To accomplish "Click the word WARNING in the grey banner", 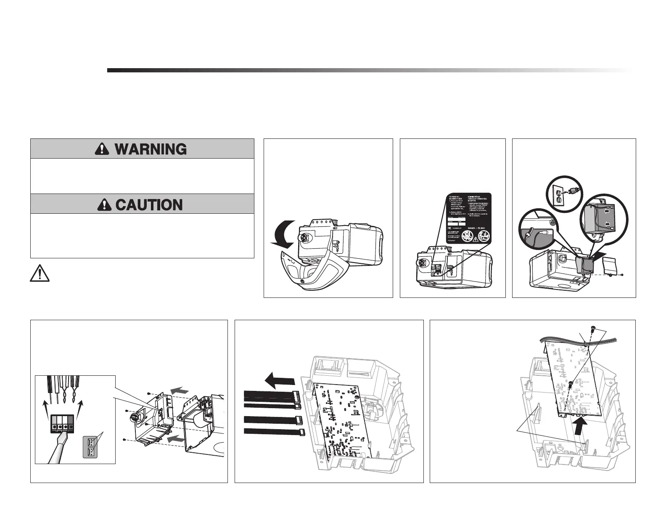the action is pyautogui.click(x=151, y=149).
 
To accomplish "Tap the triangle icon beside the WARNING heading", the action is pyautogui.click(x=101, y=149).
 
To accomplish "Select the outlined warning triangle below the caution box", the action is pyautogui.click(x=39, y=274).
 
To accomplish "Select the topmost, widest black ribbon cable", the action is pyautogui.click(x=269, y=395).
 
